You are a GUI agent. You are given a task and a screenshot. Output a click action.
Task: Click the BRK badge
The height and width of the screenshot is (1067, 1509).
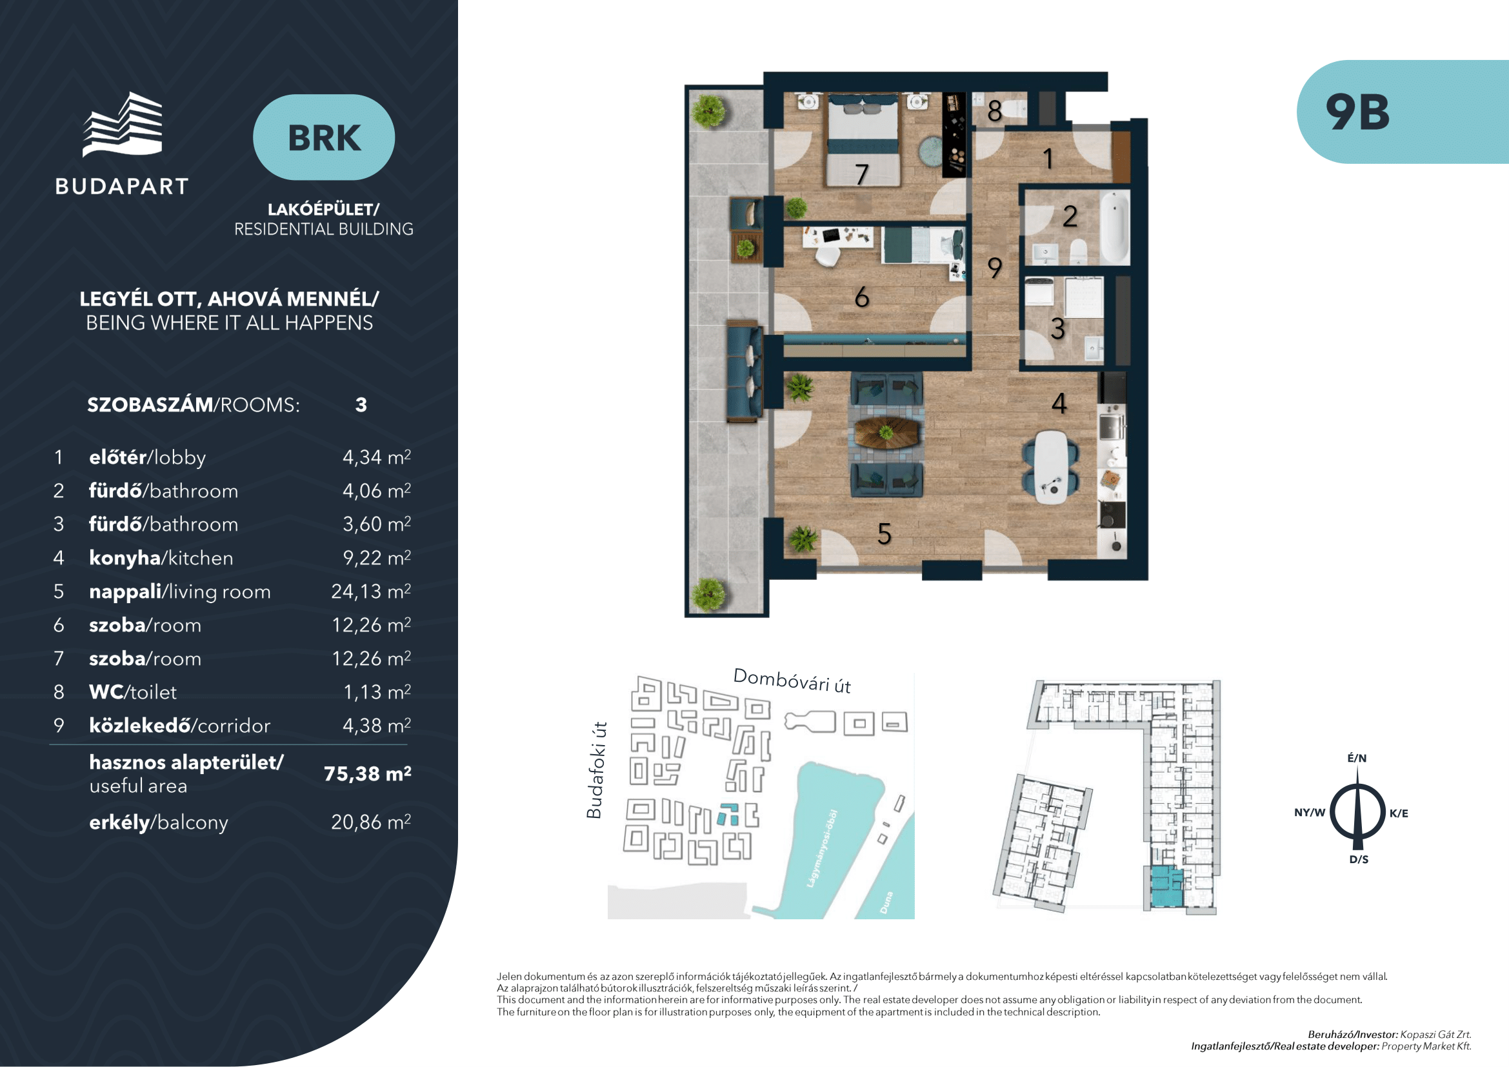click(324, 137)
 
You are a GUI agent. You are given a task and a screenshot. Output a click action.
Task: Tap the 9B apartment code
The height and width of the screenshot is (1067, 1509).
click(1358, 112)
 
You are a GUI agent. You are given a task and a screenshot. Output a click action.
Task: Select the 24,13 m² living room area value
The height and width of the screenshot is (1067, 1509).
click(371, 592)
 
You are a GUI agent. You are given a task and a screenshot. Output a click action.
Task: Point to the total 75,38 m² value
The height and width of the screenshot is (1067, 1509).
click(367, 773)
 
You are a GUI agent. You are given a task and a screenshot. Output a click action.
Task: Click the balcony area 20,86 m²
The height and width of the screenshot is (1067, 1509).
click(371, 822)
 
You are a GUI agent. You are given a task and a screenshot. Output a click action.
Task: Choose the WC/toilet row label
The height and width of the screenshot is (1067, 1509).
click(133, 692)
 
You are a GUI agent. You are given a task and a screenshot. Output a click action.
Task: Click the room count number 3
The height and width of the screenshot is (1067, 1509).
click(361, 404)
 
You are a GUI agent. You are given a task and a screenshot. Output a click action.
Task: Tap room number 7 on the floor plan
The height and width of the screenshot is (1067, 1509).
click(862, 174)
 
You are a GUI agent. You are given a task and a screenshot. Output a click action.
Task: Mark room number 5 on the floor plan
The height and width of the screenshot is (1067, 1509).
click(884, 533)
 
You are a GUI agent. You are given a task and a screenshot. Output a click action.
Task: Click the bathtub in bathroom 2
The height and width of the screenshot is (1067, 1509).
click(1114, 226)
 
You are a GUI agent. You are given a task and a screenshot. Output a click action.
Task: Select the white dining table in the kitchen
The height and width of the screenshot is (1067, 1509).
click(1051, 466)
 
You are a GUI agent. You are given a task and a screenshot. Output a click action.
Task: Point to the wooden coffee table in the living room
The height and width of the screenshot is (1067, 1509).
click(886, 434)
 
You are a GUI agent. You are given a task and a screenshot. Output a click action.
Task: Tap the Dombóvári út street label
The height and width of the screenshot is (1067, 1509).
click(792, 681)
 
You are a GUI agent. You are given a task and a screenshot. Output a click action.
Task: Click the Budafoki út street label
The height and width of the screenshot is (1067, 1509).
click(595, 770)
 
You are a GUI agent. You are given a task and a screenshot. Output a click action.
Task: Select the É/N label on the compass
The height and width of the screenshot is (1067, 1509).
click(1357, 758)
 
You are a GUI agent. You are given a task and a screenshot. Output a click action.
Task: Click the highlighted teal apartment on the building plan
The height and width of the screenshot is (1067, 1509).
click(1166, 887)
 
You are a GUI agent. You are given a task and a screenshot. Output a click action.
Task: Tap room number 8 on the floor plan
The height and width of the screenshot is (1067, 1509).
click(994, 111)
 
